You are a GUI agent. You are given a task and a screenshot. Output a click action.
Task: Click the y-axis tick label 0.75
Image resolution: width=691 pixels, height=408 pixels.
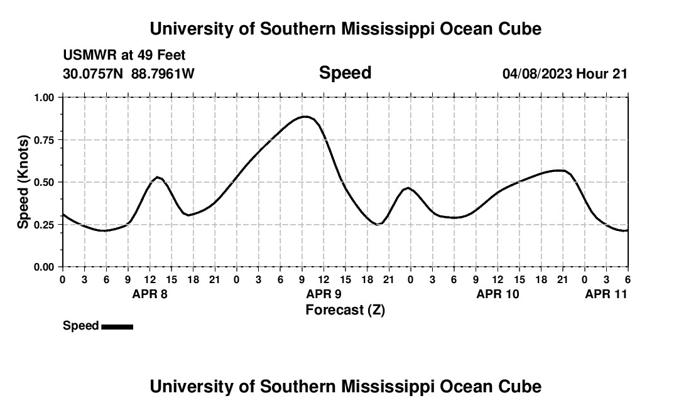pyautogui.click(x=45, y=140)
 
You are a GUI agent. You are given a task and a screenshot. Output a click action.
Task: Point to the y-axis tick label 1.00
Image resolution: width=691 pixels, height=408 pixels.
pyautogui.click(x=45, y=97)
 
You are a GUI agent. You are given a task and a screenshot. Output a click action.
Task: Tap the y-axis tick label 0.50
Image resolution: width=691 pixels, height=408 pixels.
pyautogui.click(x=45, y=182)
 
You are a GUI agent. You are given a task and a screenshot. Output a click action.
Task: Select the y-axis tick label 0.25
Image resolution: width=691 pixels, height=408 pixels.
pyautogui.click(x=45, y=225)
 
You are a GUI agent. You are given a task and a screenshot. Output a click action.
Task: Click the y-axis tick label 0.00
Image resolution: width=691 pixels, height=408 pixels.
pyautogui.click(x=45, y=267)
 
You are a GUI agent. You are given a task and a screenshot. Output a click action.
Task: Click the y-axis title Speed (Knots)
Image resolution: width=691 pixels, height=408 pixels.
pyautogui.click(x=23, y=182)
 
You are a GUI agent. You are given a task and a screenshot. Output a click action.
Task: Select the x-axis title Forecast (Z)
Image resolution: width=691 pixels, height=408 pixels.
pyautogui.click(x=345, y=309)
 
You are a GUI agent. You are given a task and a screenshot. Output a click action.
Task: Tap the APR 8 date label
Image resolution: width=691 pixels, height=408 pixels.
pyautogui.click(x=150, y=294)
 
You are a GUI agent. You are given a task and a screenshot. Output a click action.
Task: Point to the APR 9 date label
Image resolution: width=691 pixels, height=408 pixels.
pyautogui.click(x=324, y=294)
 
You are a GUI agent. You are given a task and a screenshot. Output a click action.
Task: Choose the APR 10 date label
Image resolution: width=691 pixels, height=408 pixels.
pyautogui.click(x=498, y=294)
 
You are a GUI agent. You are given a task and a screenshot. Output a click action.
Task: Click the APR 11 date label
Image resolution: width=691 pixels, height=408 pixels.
pyautogui.click(x=606, y=294)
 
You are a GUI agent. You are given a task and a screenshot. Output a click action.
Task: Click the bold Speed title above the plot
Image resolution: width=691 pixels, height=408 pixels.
pyautogui.click(x=345, y=73)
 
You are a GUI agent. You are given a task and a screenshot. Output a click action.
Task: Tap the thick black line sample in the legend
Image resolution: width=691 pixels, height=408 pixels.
pyautogui.click(x=117, y=326)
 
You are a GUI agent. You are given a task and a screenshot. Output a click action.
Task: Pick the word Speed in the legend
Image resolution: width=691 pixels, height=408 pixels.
pyautogui.click(x=81, y=326)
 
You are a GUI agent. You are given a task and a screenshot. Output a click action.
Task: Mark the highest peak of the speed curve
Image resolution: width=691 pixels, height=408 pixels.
pyautogui.click(x=305, y=116)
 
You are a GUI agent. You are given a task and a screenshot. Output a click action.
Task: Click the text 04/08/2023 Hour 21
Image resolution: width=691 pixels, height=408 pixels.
pyautogui.click(x=565, y=74)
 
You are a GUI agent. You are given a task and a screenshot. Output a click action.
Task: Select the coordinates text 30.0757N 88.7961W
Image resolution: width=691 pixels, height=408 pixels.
pyautogui.click(x=129, y=74)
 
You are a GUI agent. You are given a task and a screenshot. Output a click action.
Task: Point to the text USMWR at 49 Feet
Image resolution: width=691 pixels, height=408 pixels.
pyautogui.click(x=124, y=56)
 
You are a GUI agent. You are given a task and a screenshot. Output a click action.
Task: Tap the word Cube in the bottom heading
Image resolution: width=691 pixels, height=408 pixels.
pyautogui.click(x=523, y=387)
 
